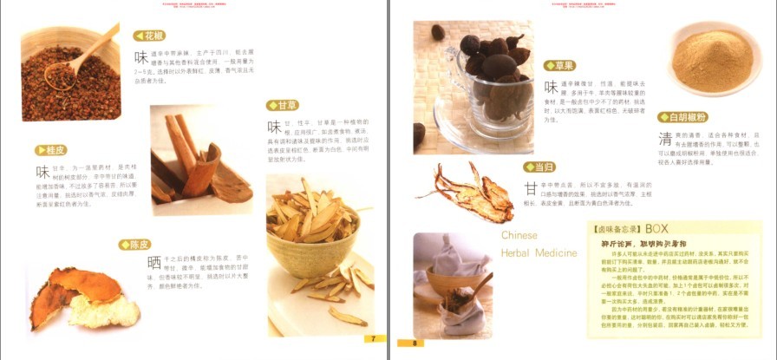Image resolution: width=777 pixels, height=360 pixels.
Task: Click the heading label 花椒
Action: click(150, 36)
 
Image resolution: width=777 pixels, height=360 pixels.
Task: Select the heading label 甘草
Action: click(284, 105)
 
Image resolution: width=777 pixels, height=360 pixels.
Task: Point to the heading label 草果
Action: click(562, 65)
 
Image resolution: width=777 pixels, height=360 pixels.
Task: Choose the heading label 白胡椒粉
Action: click(684, 117)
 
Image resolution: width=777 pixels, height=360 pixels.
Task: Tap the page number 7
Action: click(374, 338)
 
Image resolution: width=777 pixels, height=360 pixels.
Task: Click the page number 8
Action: click(415, 343)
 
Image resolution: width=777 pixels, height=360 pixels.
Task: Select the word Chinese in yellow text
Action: click(519, 235)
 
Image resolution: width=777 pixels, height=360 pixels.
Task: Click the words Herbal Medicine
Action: click(538, 253)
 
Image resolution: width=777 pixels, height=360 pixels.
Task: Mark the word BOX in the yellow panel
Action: click(656, 228)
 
